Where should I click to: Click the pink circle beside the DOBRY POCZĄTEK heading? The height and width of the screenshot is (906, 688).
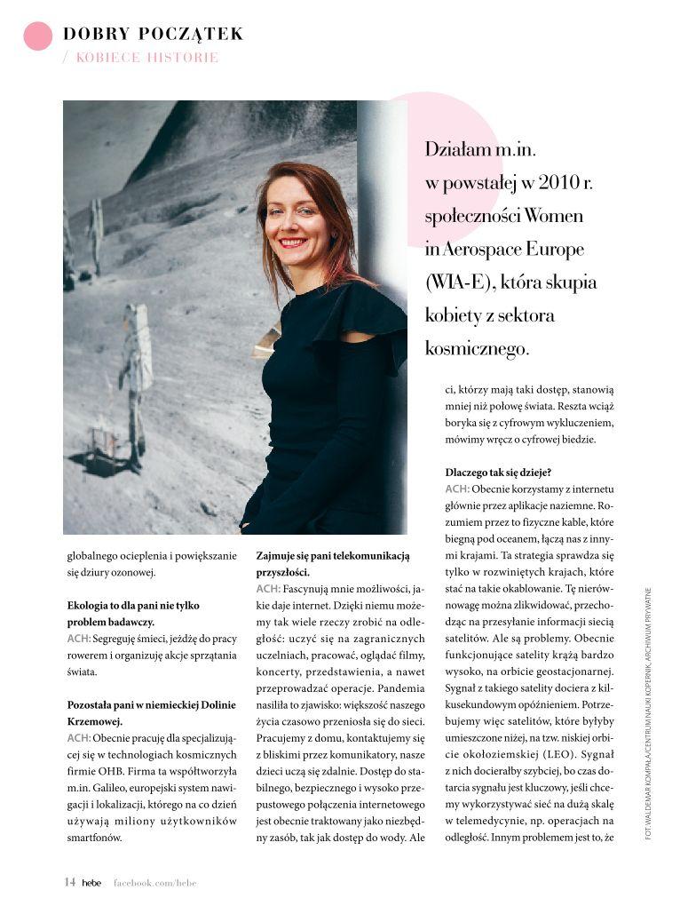coord(37,36)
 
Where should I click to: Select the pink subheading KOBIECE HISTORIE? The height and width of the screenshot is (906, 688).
coord(146,58)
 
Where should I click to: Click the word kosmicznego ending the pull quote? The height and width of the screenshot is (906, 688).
coord(477,349)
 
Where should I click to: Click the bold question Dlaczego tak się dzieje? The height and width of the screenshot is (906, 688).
coord(499,473)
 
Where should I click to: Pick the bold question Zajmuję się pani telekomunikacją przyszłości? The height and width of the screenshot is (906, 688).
coord(332,564)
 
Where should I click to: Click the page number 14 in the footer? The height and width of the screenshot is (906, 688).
coord(69,882)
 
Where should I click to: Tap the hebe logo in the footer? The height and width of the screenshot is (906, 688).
coord(91,883)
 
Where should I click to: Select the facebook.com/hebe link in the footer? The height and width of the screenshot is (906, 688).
coord(154,883)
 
